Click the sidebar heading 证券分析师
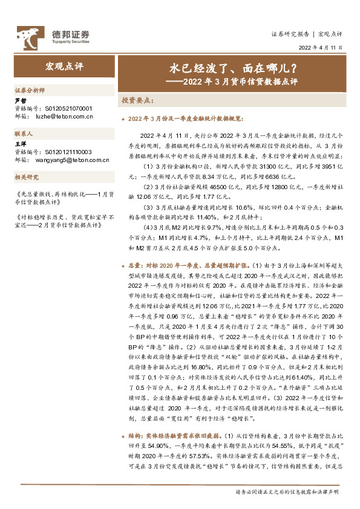(x=30, y=89)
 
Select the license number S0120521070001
(x=70, y=108)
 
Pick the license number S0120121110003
(x=70, y=151)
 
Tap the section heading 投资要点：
(x=139, y=100)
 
